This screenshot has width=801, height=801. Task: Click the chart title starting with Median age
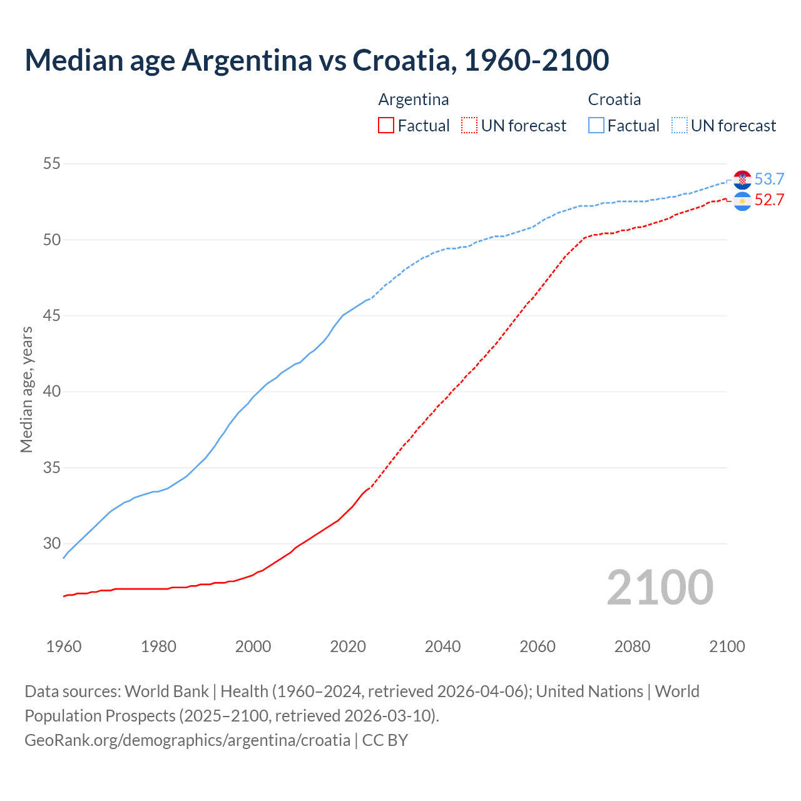(317, 60)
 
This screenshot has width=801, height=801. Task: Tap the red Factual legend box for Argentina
(386, 125)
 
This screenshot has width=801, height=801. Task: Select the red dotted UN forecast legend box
(469, 125)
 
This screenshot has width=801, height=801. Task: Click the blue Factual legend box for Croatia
(596, 125)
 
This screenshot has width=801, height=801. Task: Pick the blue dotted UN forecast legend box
(680, 125)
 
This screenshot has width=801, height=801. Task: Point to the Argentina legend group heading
(414, 99)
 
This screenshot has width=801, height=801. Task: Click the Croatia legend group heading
(614, 99)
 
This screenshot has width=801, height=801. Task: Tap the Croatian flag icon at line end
(742, 180)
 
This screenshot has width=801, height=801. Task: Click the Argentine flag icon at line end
(742, 202)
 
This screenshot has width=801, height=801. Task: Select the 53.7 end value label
(769, 180)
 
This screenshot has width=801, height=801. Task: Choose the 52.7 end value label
(769, 200)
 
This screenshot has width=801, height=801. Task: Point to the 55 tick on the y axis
(51, 164)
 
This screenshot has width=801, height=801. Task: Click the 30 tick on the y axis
(51, 543)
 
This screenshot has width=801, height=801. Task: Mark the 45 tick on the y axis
(51, 315)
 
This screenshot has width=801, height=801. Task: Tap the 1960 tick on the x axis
(64, 646)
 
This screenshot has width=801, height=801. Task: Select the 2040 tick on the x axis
(442, 646)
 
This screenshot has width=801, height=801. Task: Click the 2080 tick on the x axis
(632, 646)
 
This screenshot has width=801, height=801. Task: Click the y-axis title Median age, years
(26, 389)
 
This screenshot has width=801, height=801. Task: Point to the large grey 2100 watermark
(660, 587)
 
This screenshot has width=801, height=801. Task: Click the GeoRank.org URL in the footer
(187, 740)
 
